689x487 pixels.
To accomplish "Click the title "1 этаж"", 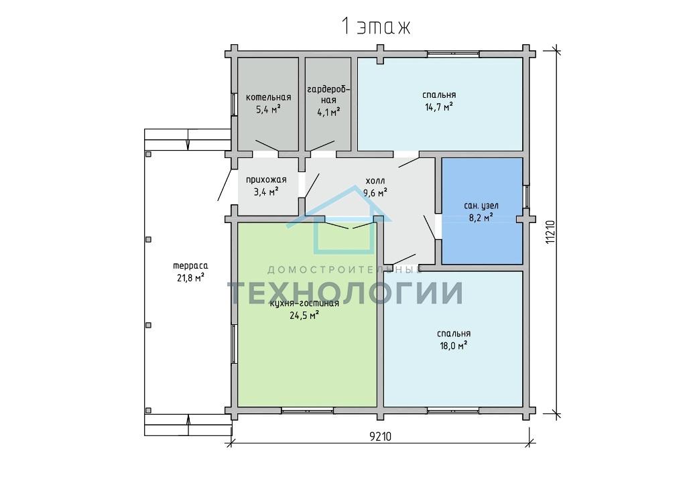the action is click(376, 27).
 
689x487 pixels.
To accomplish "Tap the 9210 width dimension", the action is click(380, 437).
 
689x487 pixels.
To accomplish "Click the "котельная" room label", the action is click(268, 98).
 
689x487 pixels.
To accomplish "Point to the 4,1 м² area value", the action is click(328, 113).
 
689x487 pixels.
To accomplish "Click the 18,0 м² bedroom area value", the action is click(454, 346).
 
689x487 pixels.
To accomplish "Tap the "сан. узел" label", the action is click(481, 206).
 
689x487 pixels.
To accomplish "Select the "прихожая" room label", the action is click(266, 180).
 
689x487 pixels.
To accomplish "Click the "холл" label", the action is click(375, 180).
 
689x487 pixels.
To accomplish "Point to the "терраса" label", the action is click(190, 266).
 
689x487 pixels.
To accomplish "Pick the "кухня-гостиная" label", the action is click(304, 303).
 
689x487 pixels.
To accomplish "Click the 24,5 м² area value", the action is click(304, 315).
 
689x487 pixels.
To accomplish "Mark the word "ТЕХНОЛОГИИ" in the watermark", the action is click(345, 293).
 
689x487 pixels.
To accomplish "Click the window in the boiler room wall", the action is click(234, 105).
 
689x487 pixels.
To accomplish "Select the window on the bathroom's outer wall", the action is click(526, 196).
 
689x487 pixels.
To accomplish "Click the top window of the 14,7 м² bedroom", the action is click(453, 54).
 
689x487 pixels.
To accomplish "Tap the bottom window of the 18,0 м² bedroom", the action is click(453, 411).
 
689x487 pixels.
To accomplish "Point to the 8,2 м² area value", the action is click(481, 217).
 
